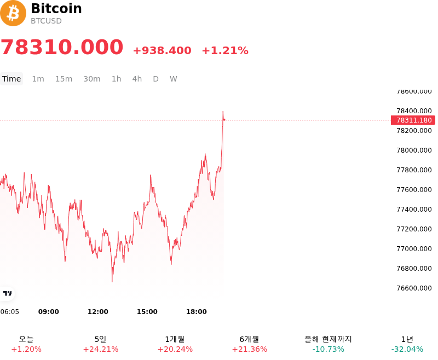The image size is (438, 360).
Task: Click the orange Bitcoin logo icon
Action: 13,13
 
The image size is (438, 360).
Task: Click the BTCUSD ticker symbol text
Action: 46,21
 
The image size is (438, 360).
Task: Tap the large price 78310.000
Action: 62,47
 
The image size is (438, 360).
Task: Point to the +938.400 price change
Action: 162,50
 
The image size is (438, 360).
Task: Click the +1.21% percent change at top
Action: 225,50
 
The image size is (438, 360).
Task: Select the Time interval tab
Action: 11,79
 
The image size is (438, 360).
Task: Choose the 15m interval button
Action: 64,79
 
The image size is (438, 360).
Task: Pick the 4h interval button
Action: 137,79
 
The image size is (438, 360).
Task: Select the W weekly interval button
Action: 174,79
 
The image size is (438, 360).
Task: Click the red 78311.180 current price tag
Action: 413,120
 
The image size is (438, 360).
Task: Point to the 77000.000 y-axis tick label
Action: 414,248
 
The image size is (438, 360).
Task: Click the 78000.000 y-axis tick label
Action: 414,150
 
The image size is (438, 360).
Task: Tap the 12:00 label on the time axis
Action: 98,312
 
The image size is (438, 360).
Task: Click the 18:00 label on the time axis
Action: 197,312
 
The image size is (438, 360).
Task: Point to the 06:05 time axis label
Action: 9,312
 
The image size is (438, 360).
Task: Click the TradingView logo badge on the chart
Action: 7,293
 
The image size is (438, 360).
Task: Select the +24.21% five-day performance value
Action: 101,349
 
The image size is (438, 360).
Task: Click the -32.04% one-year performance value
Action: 407,349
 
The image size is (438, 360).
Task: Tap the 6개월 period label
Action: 249,339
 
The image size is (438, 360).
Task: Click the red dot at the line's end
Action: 224,120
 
